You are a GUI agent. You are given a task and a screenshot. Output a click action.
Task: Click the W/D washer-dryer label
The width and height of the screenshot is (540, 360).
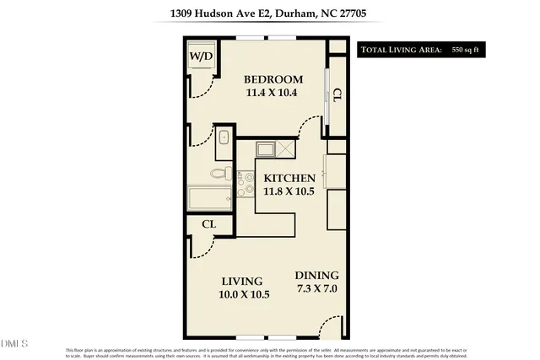click(x=201, y=56)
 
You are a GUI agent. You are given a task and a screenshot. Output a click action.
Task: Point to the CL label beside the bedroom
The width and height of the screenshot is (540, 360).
click(x=337, y=95)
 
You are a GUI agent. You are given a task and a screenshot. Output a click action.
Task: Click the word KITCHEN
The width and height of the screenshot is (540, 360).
click(x=289, y=179)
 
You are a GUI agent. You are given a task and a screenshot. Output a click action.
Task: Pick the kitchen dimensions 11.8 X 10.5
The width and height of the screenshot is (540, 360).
click(x=289, y=191)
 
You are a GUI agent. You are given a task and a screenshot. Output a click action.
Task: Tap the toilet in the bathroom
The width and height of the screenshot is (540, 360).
click(x=219, y=175)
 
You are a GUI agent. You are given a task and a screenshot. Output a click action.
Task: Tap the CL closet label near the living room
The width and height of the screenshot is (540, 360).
click(x=209, y=225)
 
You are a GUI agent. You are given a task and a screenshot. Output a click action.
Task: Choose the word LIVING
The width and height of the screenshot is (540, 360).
click(x=242, y=281)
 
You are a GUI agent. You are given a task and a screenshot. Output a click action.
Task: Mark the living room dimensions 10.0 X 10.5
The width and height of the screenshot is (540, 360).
click(x=245, y=294)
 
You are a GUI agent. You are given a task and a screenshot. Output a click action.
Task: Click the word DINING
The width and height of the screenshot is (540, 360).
click(x=316, y=276)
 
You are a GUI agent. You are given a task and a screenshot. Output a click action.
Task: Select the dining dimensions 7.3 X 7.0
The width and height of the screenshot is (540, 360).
click(x=316, y=289)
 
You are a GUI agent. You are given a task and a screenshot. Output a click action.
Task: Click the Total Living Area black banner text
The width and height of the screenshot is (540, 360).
click(x=402, y=51)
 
